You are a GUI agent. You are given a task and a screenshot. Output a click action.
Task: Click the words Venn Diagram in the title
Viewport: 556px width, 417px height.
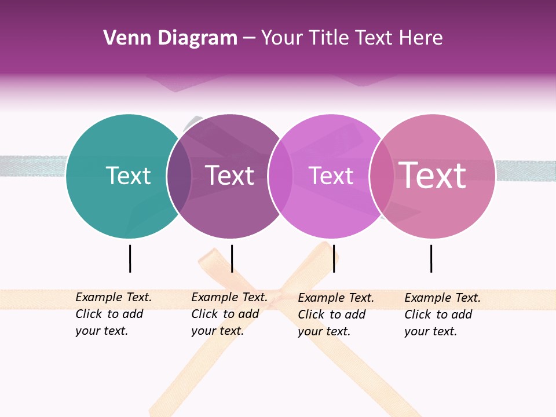click(x=170, y=38)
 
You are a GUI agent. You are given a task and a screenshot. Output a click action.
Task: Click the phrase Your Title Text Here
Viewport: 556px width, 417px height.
click(x=352, y=38)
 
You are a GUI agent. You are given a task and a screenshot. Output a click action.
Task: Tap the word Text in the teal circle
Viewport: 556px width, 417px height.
click(x=128, y=175)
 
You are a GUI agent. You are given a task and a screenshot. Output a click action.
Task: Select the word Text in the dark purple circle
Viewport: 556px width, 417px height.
click(x=230, y=175)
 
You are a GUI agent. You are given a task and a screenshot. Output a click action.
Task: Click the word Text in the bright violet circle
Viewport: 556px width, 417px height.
click(x=331, y=175)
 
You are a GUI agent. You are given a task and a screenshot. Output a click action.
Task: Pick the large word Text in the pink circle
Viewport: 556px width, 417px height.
click(x=433, y=175)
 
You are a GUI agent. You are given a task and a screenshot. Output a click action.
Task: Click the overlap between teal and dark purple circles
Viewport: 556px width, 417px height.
click(x=180, y=176)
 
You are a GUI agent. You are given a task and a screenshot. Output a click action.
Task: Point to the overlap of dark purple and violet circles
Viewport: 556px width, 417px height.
click(x=281, y=176)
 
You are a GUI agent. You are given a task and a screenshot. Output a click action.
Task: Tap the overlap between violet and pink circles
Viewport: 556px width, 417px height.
click(x=382, y=176)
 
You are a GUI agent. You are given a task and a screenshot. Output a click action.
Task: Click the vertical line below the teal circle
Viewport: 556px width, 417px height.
click(x=130, y=258)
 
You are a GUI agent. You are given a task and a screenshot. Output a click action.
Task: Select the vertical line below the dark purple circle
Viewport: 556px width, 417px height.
click(x=232, y=258)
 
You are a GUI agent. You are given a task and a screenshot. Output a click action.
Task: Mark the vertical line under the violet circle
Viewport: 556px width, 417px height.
click(x=334, y=258)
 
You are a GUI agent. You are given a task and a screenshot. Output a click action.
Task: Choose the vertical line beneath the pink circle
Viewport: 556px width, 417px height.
click(x=431, y=258)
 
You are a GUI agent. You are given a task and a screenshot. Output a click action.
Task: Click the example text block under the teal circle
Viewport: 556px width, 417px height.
click(x=114, y=314)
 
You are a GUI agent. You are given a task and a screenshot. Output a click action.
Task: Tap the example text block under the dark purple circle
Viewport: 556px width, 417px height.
click(x=229, y=314)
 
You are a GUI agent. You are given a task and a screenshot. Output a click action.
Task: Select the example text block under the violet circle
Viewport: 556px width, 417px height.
click(x=336, y=314)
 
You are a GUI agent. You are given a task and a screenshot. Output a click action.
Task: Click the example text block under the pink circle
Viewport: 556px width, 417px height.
click(x=442, y=314)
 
